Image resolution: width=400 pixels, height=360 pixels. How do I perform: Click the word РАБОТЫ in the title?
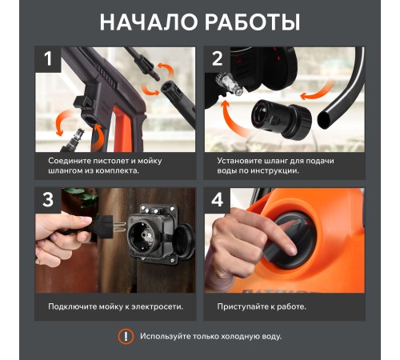[x=253, y=22]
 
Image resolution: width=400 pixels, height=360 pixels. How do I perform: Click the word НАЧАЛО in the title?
[x=149, y=22]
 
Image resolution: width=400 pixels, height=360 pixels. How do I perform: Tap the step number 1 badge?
[x=48, y=59]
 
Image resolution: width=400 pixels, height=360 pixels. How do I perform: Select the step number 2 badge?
[x=218, y=59]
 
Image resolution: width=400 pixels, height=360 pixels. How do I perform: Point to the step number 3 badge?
[x=48, y=200]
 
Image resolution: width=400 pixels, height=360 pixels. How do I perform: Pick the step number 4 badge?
[x=218, y=200]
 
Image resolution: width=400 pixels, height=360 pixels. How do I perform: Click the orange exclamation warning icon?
[x=126, y=336]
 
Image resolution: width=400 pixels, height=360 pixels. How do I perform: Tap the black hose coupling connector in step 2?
[x=282, y=119]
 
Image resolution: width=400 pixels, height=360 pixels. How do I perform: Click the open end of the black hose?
[x=324, y=120]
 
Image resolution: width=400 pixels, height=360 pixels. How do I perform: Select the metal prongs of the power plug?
[x=120, y=226]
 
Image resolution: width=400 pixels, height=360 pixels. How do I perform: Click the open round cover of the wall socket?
[x=183, y=242]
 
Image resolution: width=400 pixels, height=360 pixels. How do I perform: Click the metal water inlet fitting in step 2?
[x=230, y=84]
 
